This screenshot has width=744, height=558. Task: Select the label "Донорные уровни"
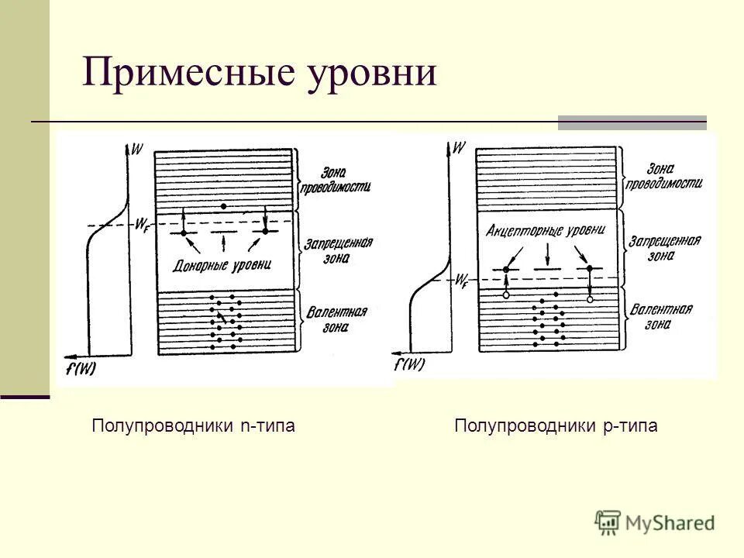coord(223,266)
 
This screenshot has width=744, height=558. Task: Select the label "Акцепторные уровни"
coord(546,230)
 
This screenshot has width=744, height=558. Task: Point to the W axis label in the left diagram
coord(137,148)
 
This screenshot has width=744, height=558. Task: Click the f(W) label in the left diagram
coord(81,369)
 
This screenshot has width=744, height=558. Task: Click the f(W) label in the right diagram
coord(409,364)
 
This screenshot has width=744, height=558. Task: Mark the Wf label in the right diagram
coord(462,279)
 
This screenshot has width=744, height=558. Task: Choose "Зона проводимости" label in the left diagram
coord(338,179)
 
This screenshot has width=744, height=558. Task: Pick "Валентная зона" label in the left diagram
coord(337,319)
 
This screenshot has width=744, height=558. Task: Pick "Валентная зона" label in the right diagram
coord(660,316)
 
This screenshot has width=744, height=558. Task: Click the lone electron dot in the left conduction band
coord(223,206)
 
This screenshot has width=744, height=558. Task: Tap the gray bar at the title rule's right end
coord(632,122)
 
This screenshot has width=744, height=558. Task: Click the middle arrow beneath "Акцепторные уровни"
coord(547,253)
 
